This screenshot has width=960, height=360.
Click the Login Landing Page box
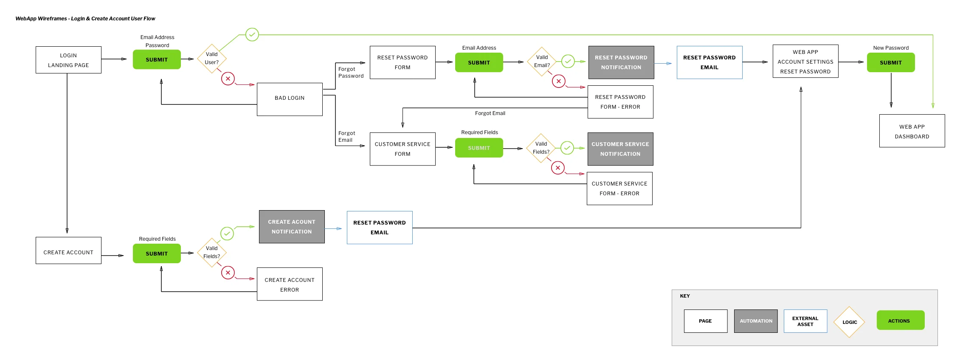point(68,60)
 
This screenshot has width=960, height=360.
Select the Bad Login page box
point(290,99)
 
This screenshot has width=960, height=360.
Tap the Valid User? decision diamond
point(211,59)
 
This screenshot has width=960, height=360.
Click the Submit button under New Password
point(890,62)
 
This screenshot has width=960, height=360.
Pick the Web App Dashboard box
point(912,131)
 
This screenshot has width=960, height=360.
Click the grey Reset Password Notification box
point(621,62)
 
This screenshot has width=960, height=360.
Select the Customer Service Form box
point(402,149)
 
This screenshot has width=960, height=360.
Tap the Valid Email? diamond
point(542,62)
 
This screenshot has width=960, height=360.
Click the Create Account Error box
point(290,284)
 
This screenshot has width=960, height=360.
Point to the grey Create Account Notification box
point(292,227)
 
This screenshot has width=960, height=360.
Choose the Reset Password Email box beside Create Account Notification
point(379,228)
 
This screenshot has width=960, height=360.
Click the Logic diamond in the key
point(849,322)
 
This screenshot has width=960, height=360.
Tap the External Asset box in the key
point(805,321)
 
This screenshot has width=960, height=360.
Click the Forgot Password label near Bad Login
point(351,73)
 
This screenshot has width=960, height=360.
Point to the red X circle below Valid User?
point(228,79)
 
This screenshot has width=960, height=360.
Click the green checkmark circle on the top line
point(252,34)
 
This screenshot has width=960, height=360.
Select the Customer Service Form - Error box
point(619,188)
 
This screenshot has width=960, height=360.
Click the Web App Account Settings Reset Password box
point(805,62)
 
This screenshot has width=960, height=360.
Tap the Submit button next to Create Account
point(157,253)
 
